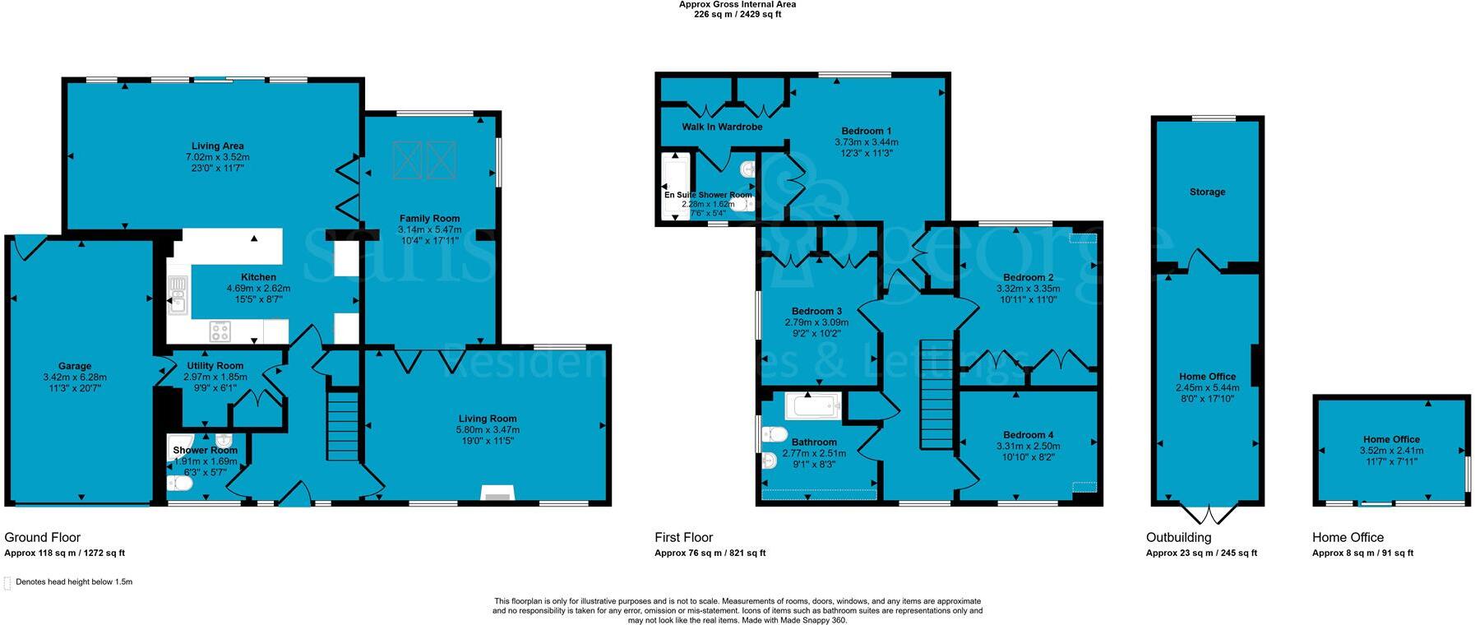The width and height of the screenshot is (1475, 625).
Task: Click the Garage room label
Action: [x=75, y=366]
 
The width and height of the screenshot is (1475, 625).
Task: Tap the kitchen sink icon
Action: [x=177, y=295]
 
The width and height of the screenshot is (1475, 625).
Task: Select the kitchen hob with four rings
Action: [x=220, y=331]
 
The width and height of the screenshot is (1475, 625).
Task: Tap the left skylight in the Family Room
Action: [x=407, y=160]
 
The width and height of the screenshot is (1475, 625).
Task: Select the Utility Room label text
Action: [x=215, y=366]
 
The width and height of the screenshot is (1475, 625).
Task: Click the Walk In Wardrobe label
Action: [x=722, y=127]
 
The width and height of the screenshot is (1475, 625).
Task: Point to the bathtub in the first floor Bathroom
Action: [x=812, y=405]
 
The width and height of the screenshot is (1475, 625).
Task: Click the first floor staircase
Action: [x=935, y=393]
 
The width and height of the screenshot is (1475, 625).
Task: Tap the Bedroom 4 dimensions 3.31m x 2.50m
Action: [x=1028, y=446]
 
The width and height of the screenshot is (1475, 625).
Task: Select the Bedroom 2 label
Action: [x=1028, y=278]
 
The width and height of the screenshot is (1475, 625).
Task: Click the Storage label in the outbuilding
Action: [x=1207, y=192]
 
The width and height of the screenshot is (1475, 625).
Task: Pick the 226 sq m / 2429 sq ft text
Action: [x=737, y=15]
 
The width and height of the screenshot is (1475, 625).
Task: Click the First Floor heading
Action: [x=683, y=537]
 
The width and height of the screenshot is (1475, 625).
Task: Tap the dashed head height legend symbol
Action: [x=8, y=583]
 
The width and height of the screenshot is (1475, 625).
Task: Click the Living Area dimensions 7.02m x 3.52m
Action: [x=217, y=156]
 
